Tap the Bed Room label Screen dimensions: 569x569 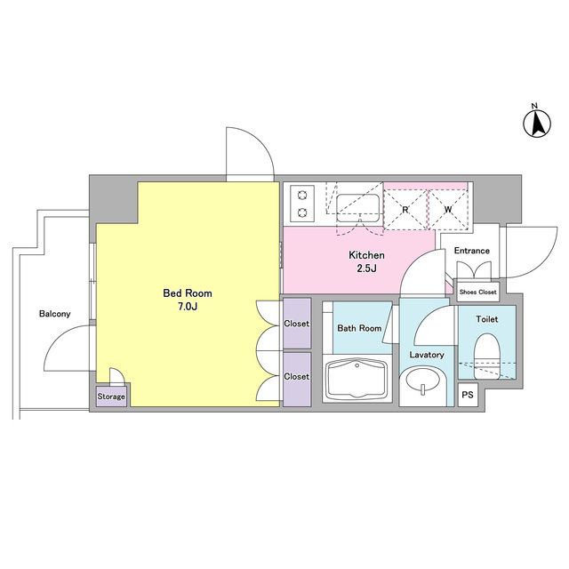[188, 293]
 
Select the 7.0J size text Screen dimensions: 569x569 [188, 307]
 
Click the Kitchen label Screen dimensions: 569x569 [366, 255]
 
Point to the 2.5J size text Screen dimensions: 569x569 [366, 268]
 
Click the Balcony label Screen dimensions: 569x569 [55, 314]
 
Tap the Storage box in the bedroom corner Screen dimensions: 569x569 [111, 397]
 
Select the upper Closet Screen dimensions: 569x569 [297, 324]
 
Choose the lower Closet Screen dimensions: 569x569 [297, 380]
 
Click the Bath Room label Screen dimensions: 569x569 [359, 328]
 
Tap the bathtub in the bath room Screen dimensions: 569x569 [357, 379]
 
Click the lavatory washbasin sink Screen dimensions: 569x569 [422, 381]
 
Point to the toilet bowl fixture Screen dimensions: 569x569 [487, 357]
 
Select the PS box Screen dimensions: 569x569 [468, 395]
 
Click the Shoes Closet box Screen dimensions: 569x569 [477, 293]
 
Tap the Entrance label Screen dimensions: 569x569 [472, 251]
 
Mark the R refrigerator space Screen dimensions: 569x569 [405, 210]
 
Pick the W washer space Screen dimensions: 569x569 [448, 210]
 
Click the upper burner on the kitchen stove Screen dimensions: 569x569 [302, 196]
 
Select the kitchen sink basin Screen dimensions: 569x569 [358, 208]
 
